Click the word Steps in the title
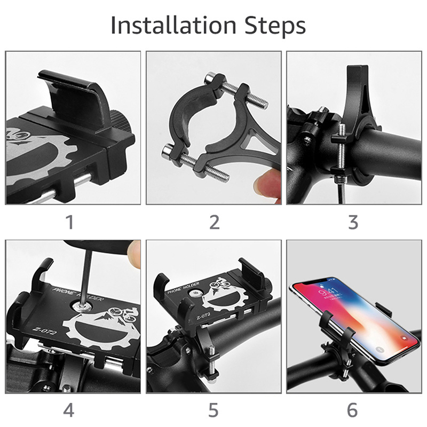coord(275,26)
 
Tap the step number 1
coord(70,222)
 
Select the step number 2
coord(215,222)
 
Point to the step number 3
coord(353,222)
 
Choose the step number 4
coord(69,410)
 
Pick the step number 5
coord(213,410)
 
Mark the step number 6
coord(352,410)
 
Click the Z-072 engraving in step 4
coord(44,330)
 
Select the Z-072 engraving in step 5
coord(203,316)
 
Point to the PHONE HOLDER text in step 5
coord(183,289)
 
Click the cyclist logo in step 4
coord(123,314)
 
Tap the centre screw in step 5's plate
coord(194,293)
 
